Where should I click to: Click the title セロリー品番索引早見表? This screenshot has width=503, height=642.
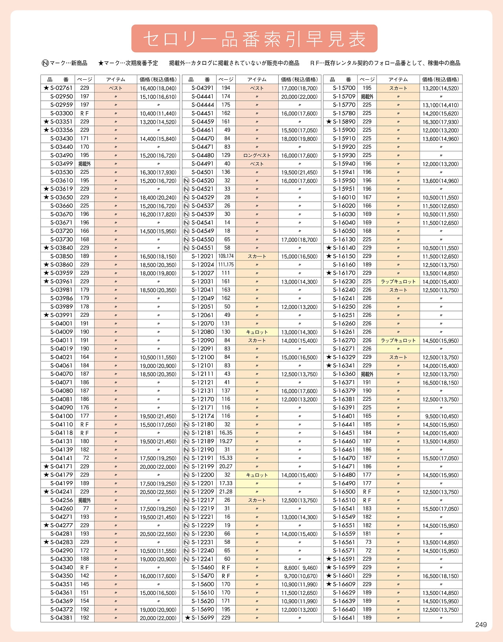[x=254, y=39]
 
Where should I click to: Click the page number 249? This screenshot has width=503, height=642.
[x=481, y=625]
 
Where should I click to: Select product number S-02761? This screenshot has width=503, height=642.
[x=61, y=88]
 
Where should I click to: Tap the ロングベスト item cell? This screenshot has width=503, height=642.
[x=257, y=155]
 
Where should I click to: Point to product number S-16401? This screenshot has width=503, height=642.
[x=344, y=416]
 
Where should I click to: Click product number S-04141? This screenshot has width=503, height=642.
[x=61, y=458]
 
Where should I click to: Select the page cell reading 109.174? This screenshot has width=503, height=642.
[x=226, y=256]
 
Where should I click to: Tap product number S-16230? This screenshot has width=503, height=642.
[x=344, y=281]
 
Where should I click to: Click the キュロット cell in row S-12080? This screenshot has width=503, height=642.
[x=257, y=332]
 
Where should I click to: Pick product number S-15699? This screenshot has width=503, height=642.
[x=203, y=618]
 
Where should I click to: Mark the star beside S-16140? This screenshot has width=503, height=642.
[x=329, y=248]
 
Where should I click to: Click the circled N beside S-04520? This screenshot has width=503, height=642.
[x=187, y=181]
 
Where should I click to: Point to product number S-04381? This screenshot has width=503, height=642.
[x=61, y=618]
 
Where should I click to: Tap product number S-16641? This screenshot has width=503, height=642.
[x=344, y=618]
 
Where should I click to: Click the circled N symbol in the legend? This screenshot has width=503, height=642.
[x=45, y=63]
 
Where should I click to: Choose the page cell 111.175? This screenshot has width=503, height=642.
[x=226, y=265]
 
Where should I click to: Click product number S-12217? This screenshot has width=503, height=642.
[x=203, y=500]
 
